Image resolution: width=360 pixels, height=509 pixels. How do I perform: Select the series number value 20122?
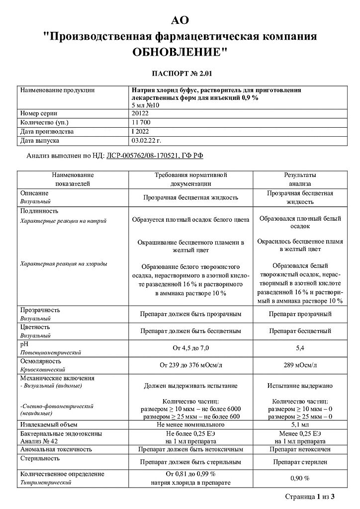(x=141, y=113)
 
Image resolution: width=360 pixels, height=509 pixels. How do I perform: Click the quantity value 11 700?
(x=142, y=122)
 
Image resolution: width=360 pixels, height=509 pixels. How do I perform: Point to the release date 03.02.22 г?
(x=147, y=141)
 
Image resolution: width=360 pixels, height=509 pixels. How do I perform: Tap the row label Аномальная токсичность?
(x=56, y=449)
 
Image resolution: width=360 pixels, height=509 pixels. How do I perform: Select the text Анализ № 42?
(x=39, y=441)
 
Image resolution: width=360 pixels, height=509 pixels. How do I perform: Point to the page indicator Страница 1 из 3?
(x=309, y=496)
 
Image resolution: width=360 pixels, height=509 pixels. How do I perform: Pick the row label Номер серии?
(x=39, y=113)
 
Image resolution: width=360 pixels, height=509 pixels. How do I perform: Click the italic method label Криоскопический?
(x=43, y=370)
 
